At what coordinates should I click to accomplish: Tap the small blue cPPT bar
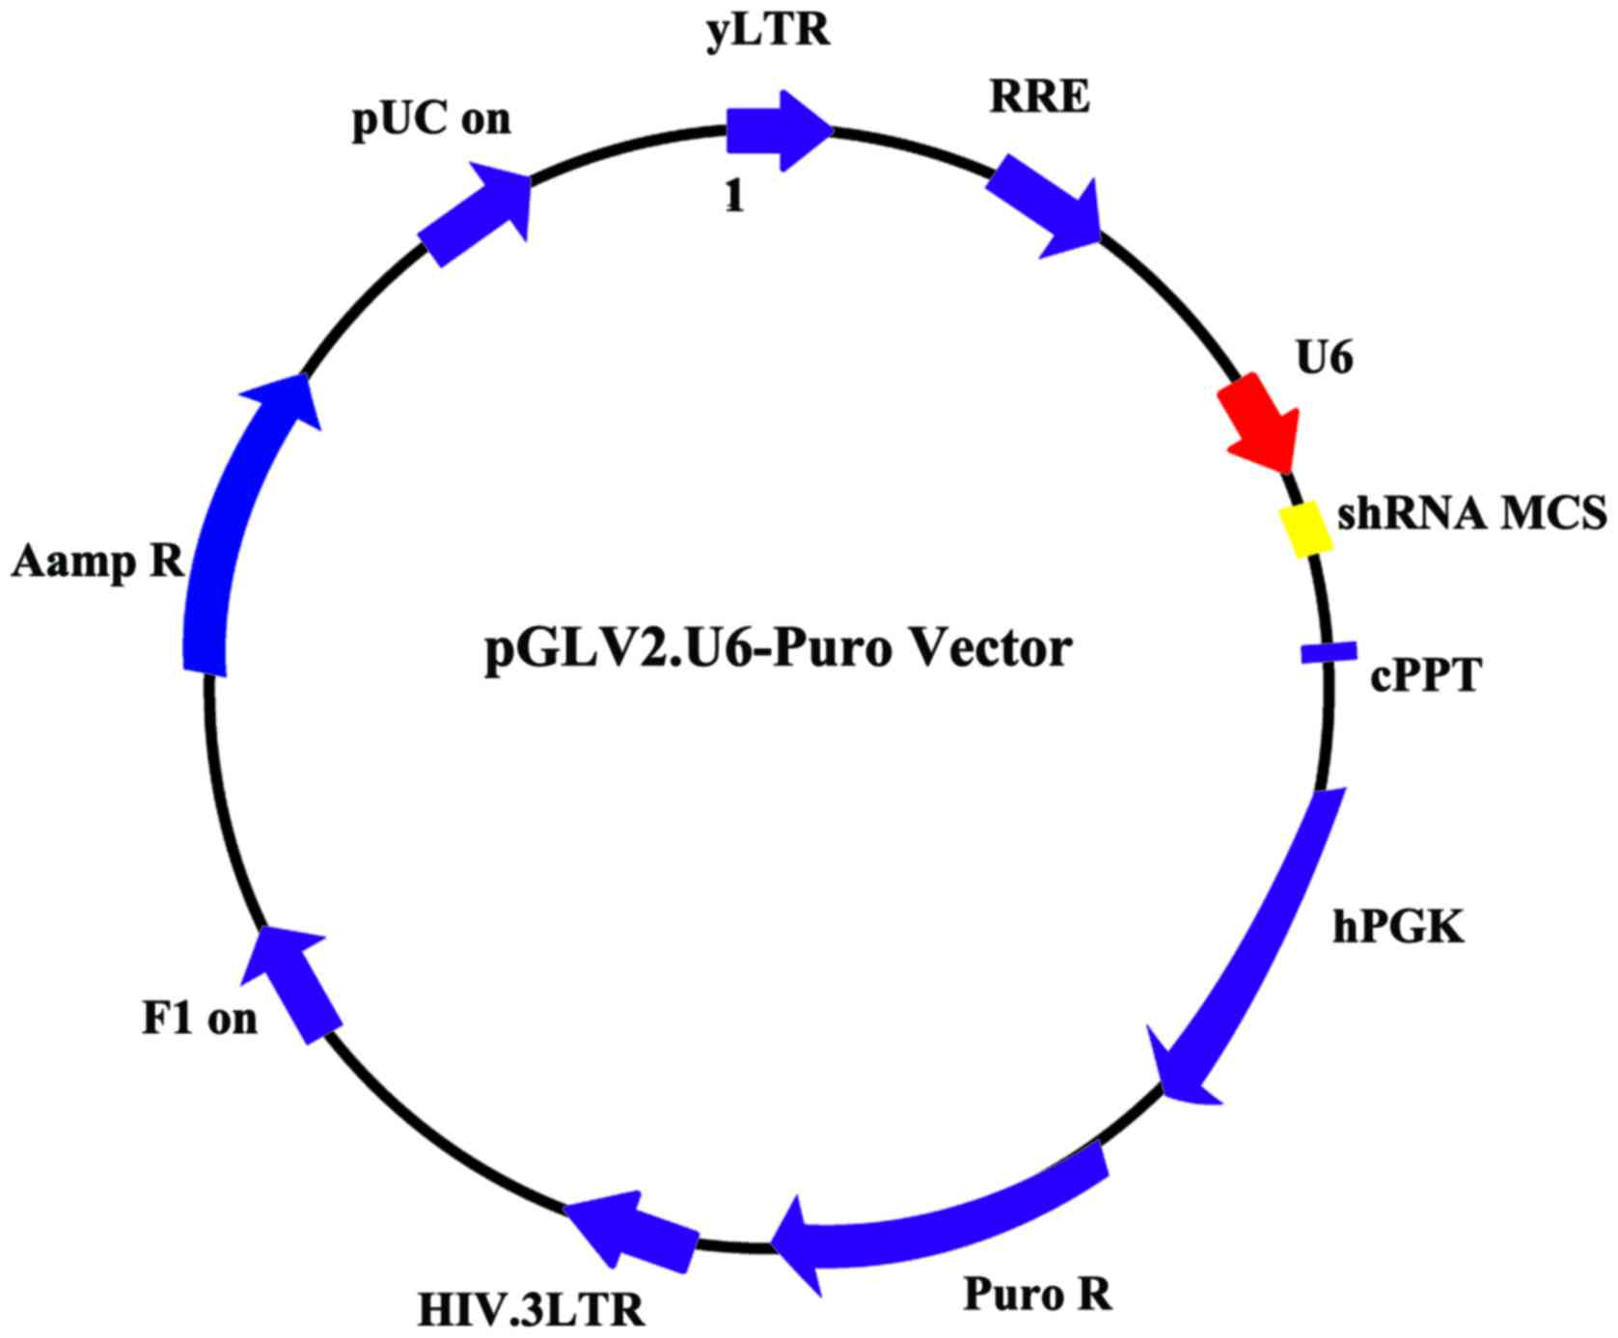[1329, 653]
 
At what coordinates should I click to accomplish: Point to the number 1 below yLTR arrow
[735, 197]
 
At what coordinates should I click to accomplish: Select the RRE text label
[1039, 97]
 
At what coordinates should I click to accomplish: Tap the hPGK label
[1399, 927]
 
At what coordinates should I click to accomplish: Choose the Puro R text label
[1038, 1294]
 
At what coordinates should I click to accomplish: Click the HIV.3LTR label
[532, 1311]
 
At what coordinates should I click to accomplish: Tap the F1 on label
[200, 1019]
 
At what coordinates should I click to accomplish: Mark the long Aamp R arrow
[232, 521]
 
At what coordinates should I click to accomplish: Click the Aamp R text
[97, 560]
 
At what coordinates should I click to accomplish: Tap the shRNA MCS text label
[1471, 513]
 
